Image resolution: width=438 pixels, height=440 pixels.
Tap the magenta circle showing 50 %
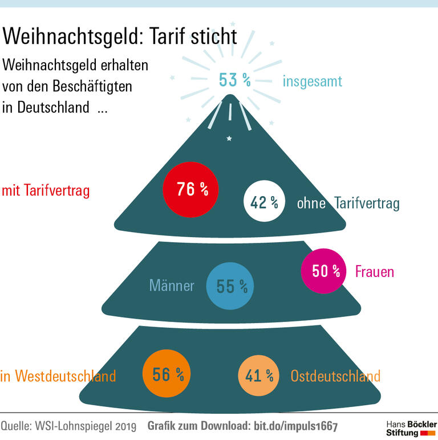[x=323, y=271]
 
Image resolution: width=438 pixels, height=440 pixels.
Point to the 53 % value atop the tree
[x=234, y=80]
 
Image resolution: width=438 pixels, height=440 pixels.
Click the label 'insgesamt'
[x=312, y=82]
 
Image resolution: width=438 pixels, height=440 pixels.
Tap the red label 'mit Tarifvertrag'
[x=46, y=190]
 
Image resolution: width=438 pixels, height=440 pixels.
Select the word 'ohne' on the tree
[x=311, y=203]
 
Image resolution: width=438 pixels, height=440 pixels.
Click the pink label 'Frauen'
[x=374, y=271]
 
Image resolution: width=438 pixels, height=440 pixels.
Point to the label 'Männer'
[x=171, y=286]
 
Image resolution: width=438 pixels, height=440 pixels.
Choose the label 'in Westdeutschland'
[x=58, y=376]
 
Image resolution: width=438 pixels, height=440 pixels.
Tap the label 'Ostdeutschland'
[x=335, y=376]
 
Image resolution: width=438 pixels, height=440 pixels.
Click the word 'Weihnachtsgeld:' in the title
[x=68, y=36]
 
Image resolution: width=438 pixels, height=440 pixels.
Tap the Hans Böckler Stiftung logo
[x=411, y=429]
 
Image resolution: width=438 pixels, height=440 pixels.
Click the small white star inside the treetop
[x=229, y=138]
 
